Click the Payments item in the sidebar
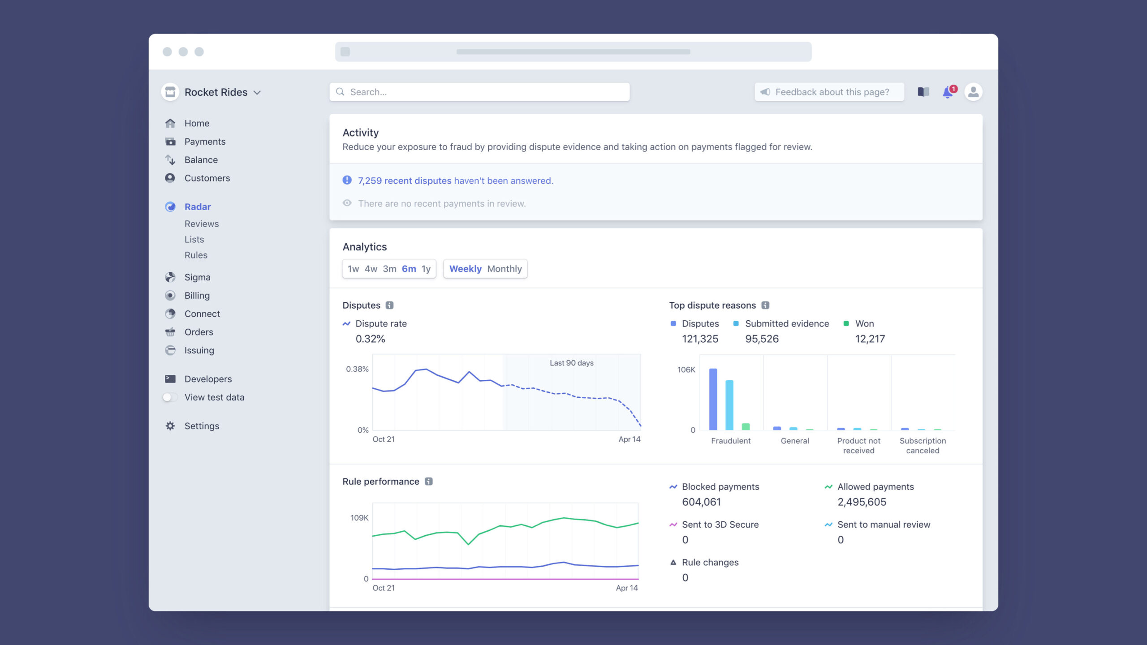[205, 142]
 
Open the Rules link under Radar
[196, 255]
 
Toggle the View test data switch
[170, 397]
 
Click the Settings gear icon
[170, 426]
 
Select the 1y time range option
[426, 269]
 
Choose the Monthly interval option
[505, 269]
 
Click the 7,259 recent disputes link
[405, 181]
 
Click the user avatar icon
[973, 92]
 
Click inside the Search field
[479, 92]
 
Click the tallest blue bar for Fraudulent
[713, 399]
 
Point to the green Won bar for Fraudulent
[746, 426]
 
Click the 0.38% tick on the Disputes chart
[357, 369]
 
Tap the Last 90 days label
[572, 363]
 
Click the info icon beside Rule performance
[429, 482]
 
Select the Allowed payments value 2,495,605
[862, 502]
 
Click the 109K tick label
[359, 518]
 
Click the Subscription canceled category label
[923, 446]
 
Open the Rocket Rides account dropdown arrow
[257, 93]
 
